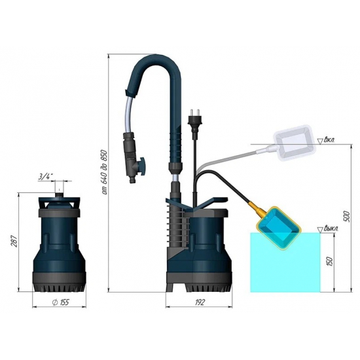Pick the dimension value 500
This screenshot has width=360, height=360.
[348, 215]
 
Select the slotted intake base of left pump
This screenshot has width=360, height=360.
[60, 283]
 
